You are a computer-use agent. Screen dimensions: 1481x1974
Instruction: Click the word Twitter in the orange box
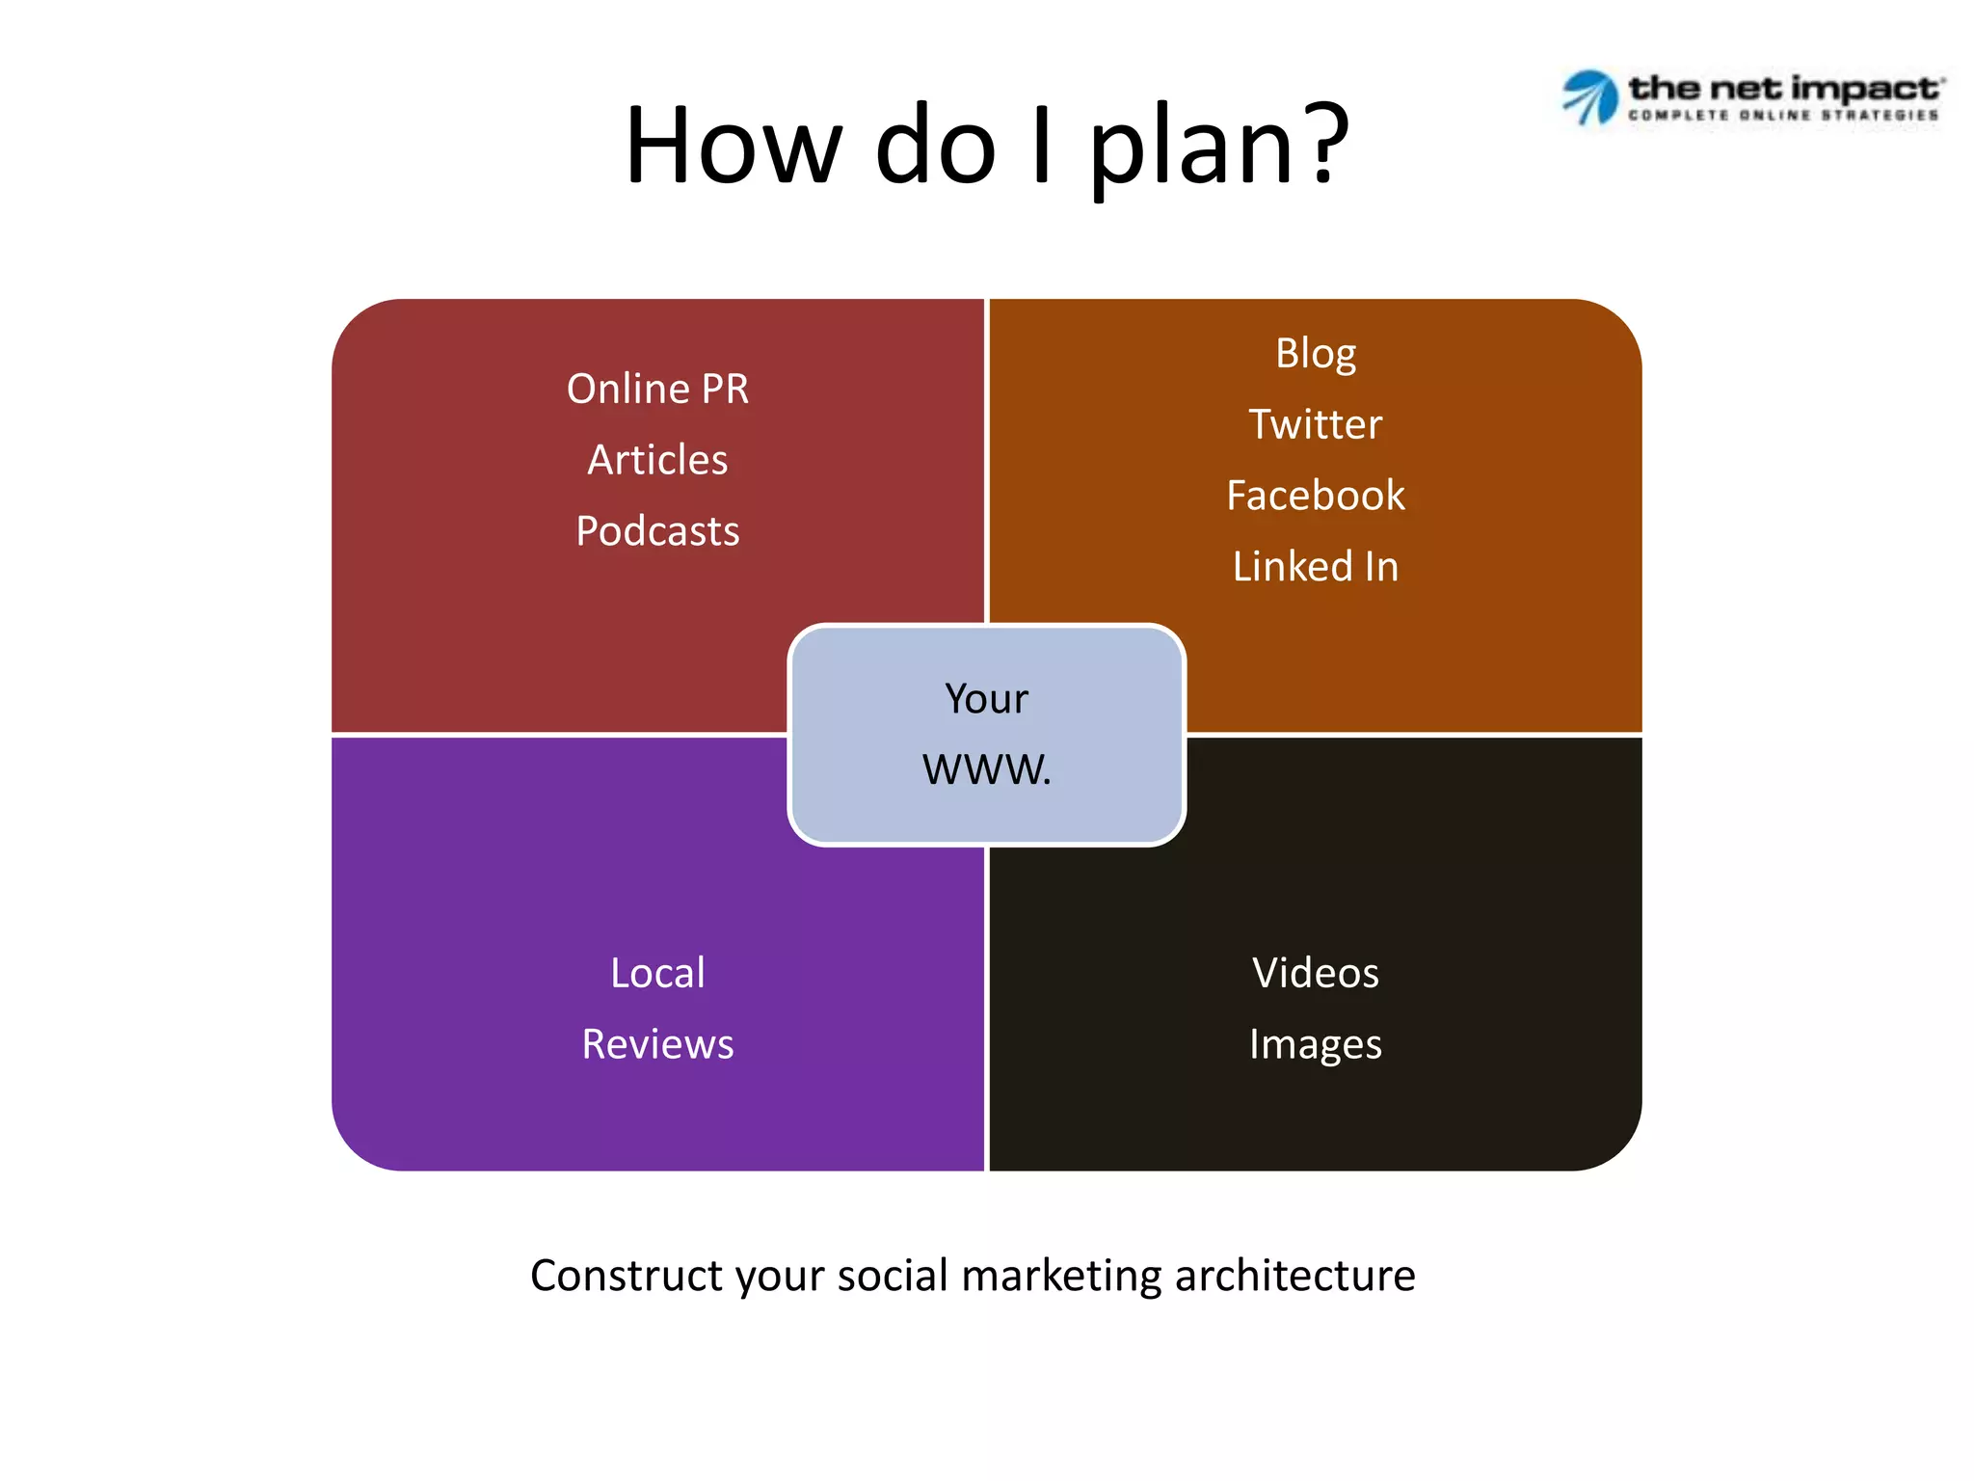tap(1315, 424)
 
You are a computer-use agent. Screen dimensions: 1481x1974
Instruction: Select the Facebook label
tap(1315, 496)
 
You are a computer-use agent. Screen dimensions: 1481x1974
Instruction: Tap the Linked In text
tap(1315, 566)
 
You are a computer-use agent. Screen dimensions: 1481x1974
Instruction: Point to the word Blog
tap(1315, 354)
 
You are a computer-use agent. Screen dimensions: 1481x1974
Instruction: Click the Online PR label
tap(657, 390)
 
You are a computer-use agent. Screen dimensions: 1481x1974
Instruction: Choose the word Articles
tap(657, 460)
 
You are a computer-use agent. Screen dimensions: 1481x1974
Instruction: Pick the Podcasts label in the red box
tap(657, 531)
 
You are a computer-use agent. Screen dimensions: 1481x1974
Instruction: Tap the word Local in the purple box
tap(657, 973)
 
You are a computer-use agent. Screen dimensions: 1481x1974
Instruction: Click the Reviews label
tap(657, 1044)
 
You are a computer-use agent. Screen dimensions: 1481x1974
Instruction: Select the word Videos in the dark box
tap(1315, 973)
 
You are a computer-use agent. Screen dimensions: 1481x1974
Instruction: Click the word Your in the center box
tap(986, 699)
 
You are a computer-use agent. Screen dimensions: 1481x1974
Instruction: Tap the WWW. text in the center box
tap(986, 769)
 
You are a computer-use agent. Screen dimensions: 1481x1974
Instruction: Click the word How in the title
tap(734, 145)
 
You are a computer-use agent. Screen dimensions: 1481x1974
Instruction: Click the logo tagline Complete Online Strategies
tap(1783, 116)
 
